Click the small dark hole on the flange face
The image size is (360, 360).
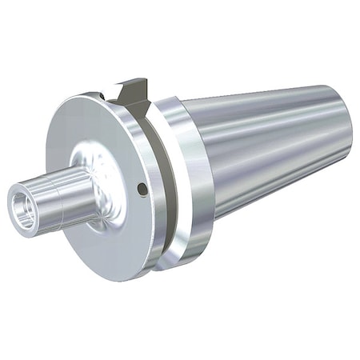point(142,190)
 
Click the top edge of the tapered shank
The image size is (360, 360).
point(264,90)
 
